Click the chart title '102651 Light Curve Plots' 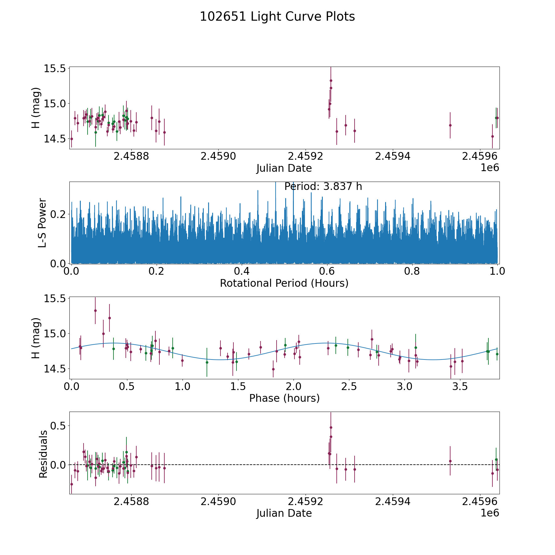[277, 17]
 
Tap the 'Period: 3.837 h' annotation [323, 187]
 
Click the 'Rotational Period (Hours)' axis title [284, 283]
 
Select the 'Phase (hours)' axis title [284, 398]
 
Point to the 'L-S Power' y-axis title [42, 223]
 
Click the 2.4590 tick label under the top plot [218, 156]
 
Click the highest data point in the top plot [331, 81]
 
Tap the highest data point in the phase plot [95, 310]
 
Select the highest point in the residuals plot [331, 427]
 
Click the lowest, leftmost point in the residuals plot [72, 484]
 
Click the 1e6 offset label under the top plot [490, 168]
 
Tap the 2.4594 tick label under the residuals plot [393, 502]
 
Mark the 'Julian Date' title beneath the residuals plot [284, 513]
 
